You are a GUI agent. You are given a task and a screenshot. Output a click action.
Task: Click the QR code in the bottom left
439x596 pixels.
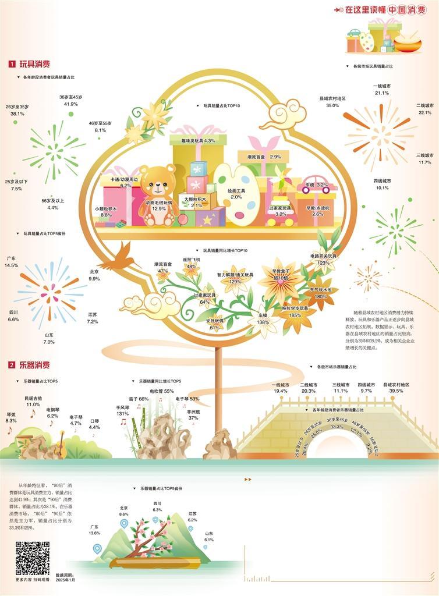point(33,558)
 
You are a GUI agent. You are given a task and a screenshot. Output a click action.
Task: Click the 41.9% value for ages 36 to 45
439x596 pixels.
point(71,104)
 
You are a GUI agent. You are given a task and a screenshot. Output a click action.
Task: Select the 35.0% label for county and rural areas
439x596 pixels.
point(332,105)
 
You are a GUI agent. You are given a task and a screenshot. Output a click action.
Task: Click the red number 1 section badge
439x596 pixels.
point(12,64)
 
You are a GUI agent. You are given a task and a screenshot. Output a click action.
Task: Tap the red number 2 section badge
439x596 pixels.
point(12,365)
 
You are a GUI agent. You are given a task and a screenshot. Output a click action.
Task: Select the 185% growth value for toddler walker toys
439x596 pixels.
point(295,315)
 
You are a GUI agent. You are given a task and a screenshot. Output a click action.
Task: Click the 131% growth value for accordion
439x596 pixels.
point(122,413)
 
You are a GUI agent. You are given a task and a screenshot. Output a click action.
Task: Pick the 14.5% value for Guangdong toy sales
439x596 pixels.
point(11,265)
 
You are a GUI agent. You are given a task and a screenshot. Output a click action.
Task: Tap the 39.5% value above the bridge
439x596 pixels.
point(396,391)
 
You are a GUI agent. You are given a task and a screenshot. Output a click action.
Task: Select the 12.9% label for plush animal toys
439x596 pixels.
point(159,208)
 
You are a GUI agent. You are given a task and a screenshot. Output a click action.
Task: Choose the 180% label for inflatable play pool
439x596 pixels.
point(321,296)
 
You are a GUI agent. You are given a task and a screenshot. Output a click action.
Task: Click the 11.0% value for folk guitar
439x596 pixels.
point(33,404)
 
